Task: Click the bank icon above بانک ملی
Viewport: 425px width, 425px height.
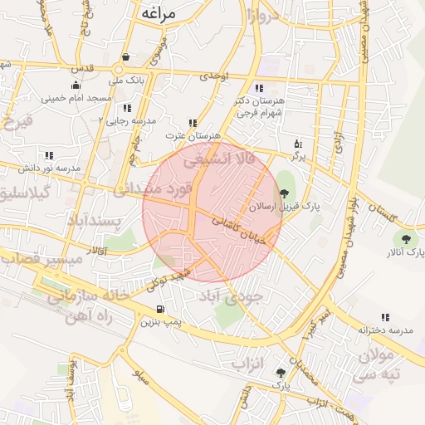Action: [x=125, y=57]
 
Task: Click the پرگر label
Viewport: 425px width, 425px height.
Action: [x=298, y=155]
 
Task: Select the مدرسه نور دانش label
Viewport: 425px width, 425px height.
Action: [x=50, y=168]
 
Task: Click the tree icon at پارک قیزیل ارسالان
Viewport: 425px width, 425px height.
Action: [x=285, y=193]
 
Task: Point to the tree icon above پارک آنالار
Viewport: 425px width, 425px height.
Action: [x=405, y=239]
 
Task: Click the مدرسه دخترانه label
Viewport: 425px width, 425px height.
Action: [x=385, y=330]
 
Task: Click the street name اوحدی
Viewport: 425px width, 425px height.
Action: [x=213, y=76]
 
